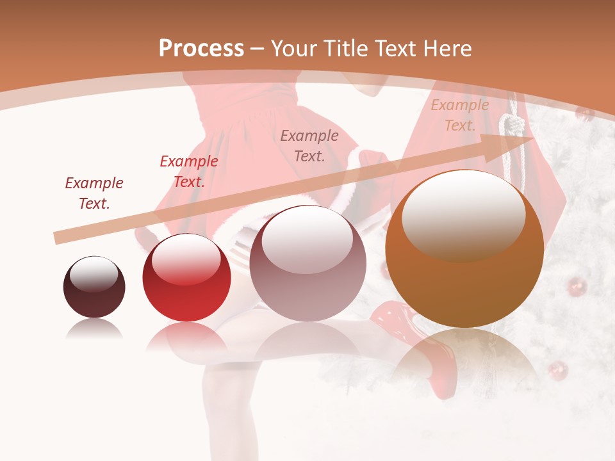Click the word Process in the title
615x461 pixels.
click(201, 48)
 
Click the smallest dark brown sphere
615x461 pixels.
click(94, 287)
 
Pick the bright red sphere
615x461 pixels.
click(186, 277)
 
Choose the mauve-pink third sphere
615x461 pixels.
click(307, 263)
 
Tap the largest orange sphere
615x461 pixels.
click(464, 248)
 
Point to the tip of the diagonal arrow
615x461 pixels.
click(532, 138)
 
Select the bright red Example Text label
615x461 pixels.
click(188, 172)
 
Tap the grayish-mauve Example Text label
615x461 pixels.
click(309, 145)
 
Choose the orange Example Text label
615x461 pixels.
click(459, 115)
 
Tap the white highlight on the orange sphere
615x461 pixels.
click(463, 214)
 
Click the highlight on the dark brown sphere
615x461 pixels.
click(94, 275)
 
